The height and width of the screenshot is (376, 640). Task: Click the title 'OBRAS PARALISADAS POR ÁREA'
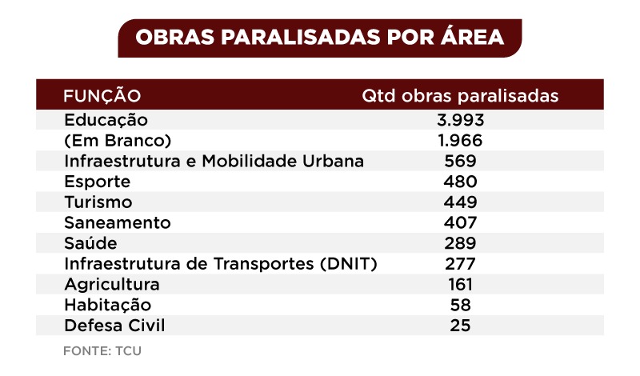319,38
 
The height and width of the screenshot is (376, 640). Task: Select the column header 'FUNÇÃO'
102,96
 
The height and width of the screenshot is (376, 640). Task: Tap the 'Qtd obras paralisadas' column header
459,96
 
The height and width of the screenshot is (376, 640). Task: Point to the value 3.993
460,120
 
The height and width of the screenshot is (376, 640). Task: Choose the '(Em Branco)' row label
118,141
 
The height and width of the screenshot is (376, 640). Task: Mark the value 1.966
460,141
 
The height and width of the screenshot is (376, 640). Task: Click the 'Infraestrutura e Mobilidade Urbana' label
214,161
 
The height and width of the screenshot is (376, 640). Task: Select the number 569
460,161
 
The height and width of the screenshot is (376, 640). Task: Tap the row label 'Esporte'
97,182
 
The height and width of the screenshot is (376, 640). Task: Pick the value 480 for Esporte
460,182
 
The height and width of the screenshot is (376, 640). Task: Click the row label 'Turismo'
98,202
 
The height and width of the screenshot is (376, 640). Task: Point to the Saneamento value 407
460,222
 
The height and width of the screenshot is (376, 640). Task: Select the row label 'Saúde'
90,243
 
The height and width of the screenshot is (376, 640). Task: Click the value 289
460,243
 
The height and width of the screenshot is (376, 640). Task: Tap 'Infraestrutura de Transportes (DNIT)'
220,264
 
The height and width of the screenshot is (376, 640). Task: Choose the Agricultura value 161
460,285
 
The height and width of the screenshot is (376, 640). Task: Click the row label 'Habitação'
107,305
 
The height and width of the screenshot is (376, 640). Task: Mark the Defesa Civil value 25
460,326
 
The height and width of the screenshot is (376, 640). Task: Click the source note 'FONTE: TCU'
102,350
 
